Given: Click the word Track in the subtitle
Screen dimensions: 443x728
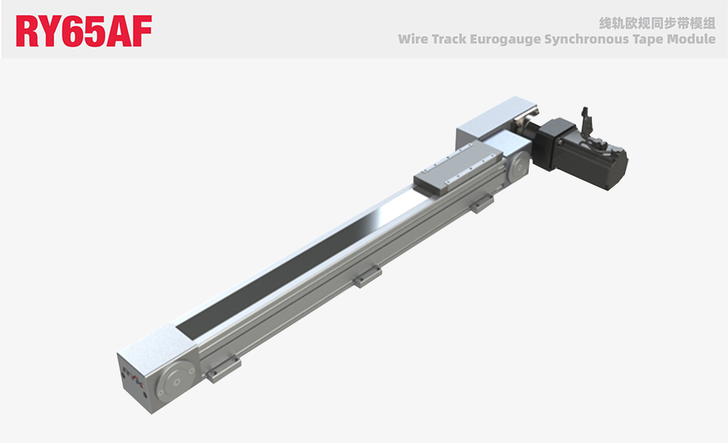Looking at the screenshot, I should tap(449, 39).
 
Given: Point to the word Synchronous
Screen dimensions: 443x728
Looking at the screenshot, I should tap(587, 39).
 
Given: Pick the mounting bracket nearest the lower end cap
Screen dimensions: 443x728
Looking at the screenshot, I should tap(224, 369).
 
